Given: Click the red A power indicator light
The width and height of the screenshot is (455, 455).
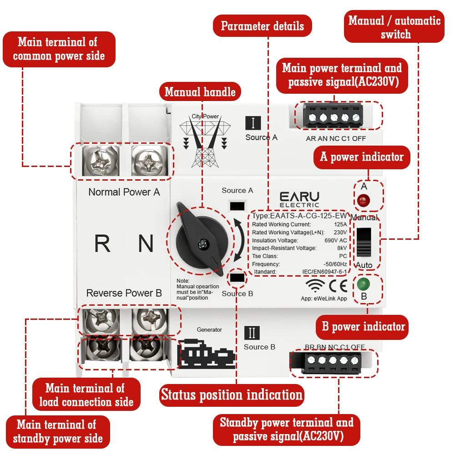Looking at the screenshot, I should point(363,199).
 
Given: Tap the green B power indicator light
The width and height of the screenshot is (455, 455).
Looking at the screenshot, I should point(364,285).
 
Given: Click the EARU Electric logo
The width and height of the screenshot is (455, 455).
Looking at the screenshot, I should point(299,199).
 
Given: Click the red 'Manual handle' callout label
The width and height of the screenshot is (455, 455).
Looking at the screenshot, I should point(200,92).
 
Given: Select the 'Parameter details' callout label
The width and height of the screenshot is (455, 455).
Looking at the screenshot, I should point(263,26).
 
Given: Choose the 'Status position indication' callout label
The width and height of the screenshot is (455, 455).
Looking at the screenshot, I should point(232,394).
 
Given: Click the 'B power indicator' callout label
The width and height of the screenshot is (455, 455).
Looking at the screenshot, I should point(363,326).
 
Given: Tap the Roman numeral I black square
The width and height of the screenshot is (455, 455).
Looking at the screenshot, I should point(253,123).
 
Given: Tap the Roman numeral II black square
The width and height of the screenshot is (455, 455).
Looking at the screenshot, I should point(252,333).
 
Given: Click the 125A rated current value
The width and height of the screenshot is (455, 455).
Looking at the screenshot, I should point(340,224).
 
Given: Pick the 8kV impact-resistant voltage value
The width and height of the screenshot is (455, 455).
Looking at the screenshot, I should point(342,248).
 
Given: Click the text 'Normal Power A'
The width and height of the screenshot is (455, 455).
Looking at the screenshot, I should point(124,192).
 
